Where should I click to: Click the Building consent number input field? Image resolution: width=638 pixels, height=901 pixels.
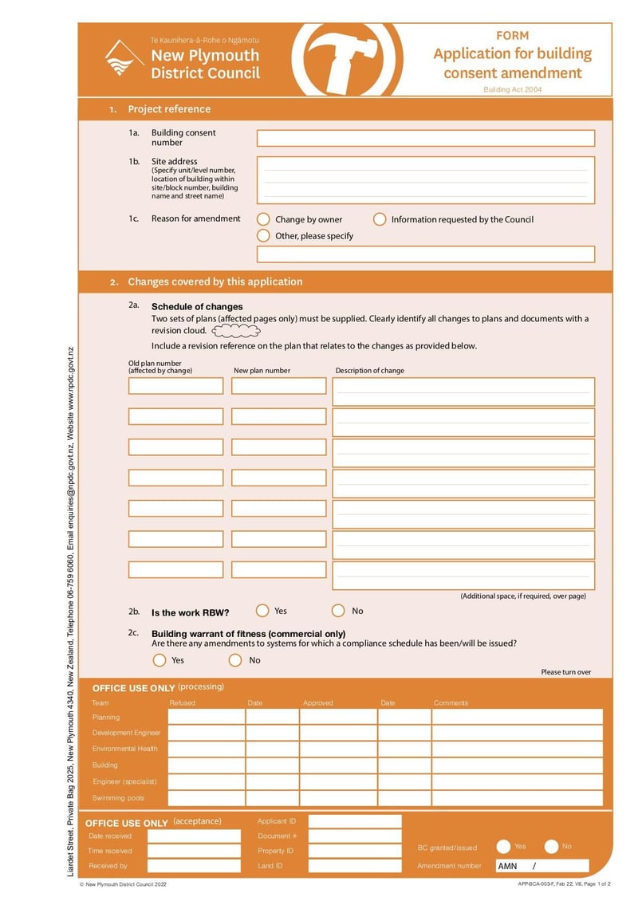click(x=425, y=138)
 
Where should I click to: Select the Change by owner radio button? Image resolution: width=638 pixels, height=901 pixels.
click(x=263, y=219)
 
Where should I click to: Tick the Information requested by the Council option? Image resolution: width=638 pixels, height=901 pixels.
click(x=380, y=219)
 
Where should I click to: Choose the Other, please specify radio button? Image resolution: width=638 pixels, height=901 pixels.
click(x=263, y=235)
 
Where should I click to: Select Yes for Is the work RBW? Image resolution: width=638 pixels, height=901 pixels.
click(x=262, y=611)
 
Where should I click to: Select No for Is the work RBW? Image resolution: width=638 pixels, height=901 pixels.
click(x=338, y=611)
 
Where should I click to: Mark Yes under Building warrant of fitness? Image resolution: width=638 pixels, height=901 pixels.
click(x=159, y=660)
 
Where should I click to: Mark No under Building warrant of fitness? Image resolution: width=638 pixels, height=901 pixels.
click(x=235, y=660)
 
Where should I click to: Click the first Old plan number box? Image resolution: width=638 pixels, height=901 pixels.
click(x=176, y=386)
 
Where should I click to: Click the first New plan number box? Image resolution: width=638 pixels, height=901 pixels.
click(x=279, y=386)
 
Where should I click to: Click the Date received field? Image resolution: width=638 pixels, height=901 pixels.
click(x=194, y=836)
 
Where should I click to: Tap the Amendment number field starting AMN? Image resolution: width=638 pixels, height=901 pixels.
click(x=542, y=866)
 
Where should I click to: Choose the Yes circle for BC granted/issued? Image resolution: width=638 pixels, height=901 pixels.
click(x=503, y=847)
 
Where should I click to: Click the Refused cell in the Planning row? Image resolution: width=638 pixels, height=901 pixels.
click(x=206, y=717)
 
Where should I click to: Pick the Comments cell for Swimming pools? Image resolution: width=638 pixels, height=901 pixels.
click(x=517, y=798)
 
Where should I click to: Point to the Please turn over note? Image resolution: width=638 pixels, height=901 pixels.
click(x=566, y=672)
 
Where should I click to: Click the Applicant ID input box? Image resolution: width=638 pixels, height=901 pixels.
click(x=355, y=821)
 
